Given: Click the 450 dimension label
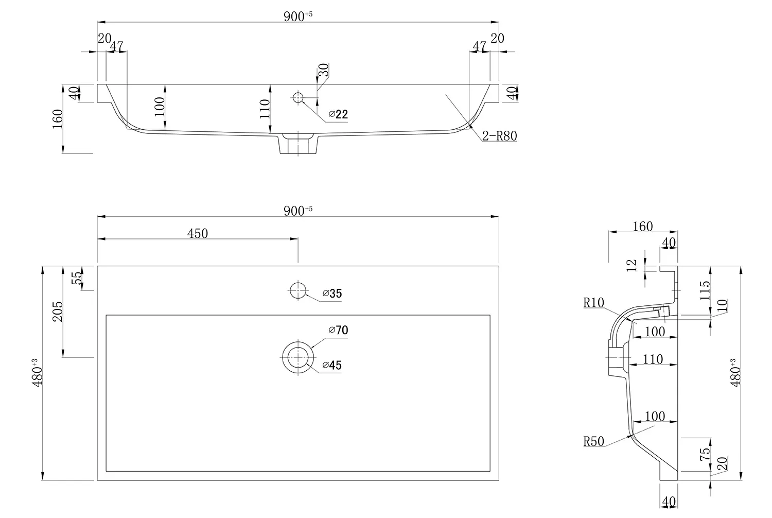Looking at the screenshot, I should point(198,233).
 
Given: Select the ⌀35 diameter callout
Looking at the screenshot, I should point(332,294).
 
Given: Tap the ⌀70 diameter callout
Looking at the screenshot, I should point(338,330).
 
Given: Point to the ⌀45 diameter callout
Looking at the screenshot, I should point(332,366).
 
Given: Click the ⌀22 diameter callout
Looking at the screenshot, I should point(338,114).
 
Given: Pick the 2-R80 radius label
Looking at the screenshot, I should point(499,136).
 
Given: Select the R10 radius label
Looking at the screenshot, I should point(593,303).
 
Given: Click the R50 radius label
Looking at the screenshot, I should point(593,441).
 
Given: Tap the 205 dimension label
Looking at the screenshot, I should point(57,312).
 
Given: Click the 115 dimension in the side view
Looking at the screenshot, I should point(705,290).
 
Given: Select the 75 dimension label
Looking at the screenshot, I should point(705,454).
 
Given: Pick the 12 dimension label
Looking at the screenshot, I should point(633,265).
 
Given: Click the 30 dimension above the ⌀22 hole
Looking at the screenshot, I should point(324,70).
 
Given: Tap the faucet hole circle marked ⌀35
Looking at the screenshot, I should point(298,291).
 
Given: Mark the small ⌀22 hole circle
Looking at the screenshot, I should point(298,97).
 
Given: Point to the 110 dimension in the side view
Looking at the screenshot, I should point(653,359).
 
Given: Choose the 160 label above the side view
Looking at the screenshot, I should point(642,226).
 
